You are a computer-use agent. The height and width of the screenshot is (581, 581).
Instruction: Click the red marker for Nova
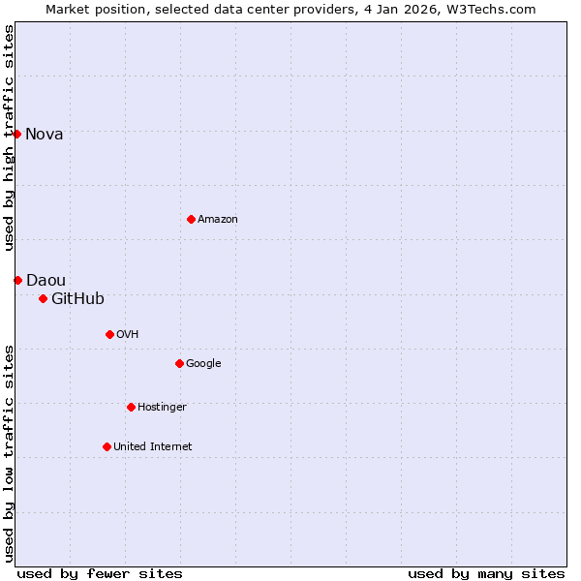point(17,134)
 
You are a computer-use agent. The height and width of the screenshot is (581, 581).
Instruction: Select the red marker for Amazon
point(191,219)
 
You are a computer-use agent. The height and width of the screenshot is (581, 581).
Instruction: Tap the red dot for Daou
point(17,280)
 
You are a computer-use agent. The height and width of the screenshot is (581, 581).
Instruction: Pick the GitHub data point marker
point(43,298)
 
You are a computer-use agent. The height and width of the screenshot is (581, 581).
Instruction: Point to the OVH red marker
point(109,334)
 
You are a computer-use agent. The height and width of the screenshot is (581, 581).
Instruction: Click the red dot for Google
point(179,363)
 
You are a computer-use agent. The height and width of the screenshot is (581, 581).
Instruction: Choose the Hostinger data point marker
point(131,407)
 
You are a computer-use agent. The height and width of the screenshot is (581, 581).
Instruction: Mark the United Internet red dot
point(107,446)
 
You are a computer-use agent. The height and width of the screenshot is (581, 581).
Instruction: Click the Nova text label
point(45,135)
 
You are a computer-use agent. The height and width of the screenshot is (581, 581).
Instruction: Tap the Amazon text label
point(218,220)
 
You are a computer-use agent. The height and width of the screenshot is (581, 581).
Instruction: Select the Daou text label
point(46,281)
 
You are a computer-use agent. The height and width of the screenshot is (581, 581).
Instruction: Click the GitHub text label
point(77,299)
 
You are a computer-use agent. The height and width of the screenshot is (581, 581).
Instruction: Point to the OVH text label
point(128,335)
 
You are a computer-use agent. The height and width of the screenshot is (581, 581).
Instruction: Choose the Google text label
point(203,364)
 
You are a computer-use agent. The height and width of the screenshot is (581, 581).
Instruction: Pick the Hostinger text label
point(162,408)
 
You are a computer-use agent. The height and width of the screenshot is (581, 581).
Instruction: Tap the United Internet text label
point(153,447)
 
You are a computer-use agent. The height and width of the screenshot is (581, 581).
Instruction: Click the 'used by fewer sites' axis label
point(100,573)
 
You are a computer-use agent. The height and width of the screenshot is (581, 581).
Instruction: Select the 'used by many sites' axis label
point(486,573)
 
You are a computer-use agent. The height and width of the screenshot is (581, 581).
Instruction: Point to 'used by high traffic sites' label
point(9,138)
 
